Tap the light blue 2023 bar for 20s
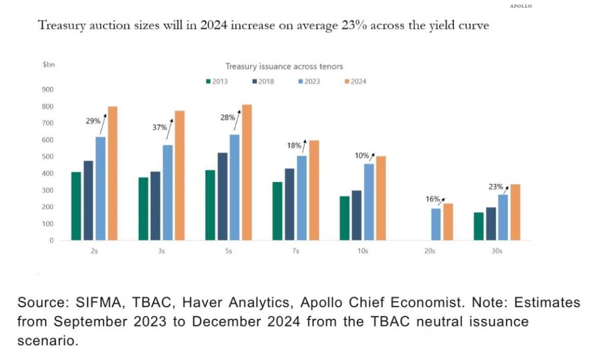click(x=435, y=224)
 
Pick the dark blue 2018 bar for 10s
click(x=356, y=215)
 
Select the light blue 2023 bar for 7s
click(x=301, y=198)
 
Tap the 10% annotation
click(x=362, y=155)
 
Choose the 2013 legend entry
click(x=216, y=81)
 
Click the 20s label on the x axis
click(x=430, y=252)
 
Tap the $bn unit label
click(x=48, y=66)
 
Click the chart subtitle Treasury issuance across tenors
click(x=284, y=66)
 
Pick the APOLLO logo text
click(x=521, y=6)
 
